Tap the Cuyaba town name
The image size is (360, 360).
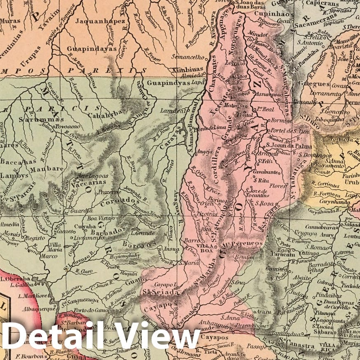[84, 226]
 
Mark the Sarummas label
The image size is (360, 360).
[34, 119]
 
